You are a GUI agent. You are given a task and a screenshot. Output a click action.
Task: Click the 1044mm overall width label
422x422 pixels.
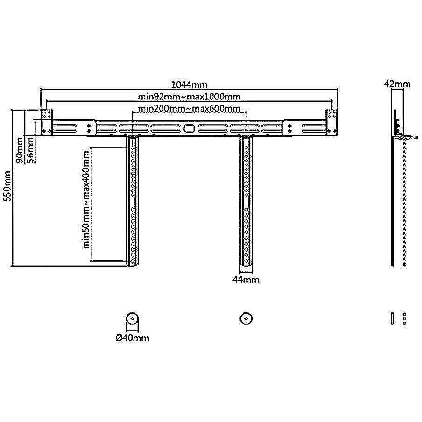click(x=189, y=85)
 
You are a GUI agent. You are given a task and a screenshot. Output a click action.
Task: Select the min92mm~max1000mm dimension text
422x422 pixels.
click(x=189, y=97)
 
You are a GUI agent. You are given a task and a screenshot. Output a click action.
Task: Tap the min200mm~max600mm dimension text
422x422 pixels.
click(x=189, y=109)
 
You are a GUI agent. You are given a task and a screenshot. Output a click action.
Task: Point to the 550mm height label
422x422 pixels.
click(x=7, y=186)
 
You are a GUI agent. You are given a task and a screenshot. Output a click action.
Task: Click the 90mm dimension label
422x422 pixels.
click(x=20, y=150)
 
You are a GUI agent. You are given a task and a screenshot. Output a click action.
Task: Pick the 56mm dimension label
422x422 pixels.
click(x=31, y=150)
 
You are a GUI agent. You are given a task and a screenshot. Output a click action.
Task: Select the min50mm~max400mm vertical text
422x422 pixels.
click(x=86, y=199)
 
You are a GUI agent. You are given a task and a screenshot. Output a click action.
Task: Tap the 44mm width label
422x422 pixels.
click(x=246, y=280)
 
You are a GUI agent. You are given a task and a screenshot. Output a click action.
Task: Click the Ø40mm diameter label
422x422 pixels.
click(x=133, y=338)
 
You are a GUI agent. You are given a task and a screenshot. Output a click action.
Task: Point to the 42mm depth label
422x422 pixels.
click(x=397, y=84)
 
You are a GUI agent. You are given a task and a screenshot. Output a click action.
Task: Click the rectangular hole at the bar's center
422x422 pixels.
click(x=189, y=128)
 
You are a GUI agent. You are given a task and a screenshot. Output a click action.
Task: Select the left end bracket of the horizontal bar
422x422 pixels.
click(x=47, y=123)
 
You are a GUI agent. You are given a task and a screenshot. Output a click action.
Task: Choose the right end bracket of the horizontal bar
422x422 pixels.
click(x=332, y=123)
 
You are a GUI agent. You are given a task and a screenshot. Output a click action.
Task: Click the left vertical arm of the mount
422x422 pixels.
click(x=133, y=201)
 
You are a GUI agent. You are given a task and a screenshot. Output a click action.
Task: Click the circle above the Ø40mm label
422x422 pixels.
click(x=133, y=319)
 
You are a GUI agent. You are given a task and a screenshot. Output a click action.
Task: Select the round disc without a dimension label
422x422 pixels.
click(x=246, y=319)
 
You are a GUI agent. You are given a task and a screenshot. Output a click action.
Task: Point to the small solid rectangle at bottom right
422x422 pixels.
click(x=393, y=319)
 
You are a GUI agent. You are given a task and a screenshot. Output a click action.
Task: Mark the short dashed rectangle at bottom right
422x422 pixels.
click(x=404, y=319)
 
